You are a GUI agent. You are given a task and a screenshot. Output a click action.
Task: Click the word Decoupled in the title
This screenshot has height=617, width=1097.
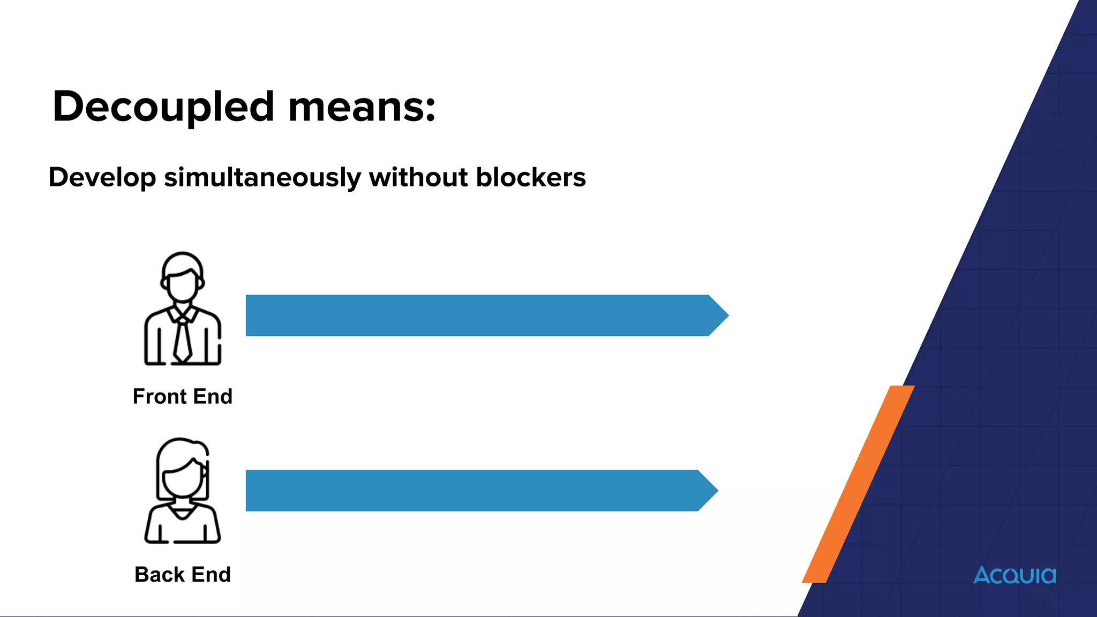[163, 107]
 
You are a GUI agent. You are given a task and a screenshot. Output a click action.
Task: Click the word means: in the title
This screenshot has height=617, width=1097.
[362, 107]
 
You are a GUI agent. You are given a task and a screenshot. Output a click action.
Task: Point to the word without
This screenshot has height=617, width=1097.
[418, 177]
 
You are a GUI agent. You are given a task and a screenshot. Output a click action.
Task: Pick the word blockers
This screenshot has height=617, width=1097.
[530, 177]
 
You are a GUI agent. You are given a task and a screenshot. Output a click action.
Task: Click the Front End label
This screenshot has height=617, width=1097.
[182, 396]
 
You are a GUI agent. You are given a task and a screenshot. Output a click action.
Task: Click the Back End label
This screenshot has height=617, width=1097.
[182, 574]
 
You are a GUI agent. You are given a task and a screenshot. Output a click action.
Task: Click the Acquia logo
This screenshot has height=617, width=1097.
[1015, 575]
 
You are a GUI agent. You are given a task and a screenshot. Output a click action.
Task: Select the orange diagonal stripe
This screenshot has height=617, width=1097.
[857, 485]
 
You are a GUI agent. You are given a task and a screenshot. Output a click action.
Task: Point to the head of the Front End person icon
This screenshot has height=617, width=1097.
[182, 279]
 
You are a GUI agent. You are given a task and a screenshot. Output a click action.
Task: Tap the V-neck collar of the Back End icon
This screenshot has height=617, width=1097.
[182, 513]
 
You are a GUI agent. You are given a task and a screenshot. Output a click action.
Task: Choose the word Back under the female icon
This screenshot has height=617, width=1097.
[160, 574]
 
